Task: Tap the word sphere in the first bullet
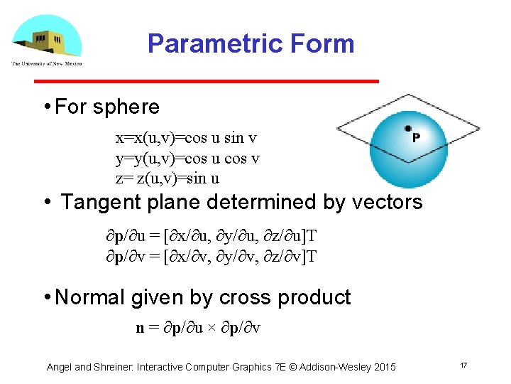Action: tap(126, 107)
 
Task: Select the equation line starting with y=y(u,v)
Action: tap(187, 159)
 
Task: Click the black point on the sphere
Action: tap(408, 129)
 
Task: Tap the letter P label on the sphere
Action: tap(415, 137)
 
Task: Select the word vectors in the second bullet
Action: tap(386, 202)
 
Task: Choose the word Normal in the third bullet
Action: tap(90, 297)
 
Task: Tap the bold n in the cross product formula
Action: tap(140, 328)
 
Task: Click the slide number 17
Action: tap(463, 365)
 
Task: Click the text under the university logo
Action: tap(47, 63)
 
